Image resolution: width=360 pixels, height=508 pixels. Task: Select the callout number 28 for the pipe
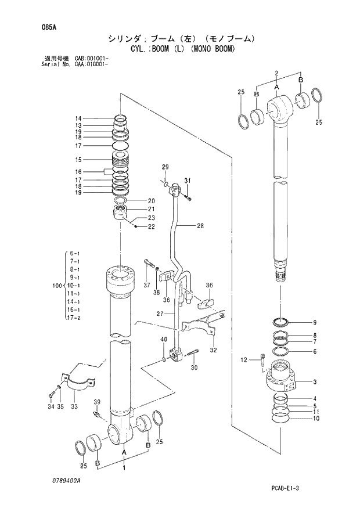(200, 226)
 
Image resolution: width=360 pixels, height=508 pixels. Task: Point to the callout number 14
(78, 118)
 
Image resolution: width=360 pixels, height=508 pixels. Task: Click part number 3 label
(314, 381)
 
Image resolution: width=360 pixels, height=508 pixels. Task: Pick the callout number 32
(213, 350)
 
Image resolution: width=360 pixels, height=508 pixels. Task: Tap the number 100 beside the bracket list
(56, 286)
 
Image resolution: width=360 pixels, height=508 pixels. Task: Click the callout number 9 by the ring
(314, 323)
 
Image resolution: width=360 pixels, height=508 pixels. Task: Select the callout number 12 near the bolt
(244, 361)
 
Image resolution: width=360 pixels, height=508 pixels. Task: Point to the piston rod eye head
(279, 110)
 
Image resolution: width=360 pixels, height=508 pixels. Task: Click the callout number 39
(97, 402)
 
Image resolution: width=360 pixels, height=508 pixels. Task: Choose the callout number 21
(151, 210)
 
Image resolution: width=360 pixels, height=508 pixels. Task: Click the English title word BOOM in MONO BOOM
(221, 49)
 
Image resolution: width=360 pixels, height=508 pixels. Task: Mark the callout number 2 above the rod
(277, 73)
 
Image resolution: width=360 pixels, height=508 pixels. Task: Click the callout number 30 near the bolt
(193, 367)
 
